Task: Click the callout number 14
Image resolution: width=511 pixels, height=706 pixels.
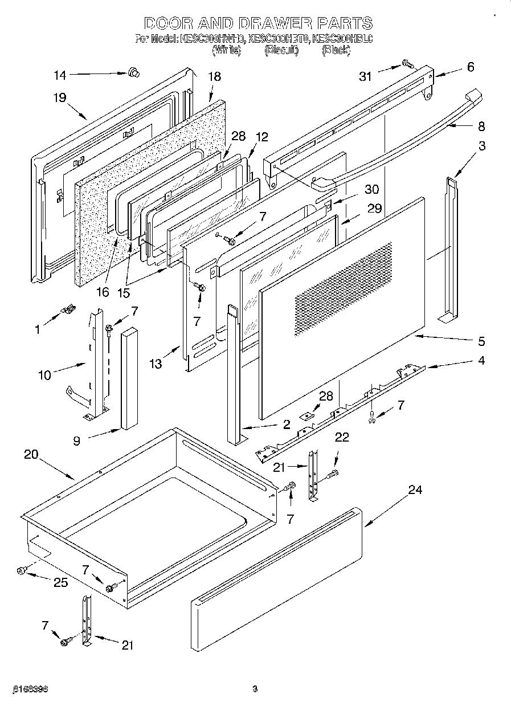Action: pos(60,75)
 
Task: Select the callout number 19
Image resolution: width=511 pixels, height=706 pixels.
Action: pos(60,97)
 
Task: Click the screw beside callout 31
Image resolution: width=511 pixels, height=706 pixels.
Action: pos(407,64)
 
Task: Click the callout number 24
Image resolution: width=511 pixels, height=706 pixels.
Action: pos(416,491)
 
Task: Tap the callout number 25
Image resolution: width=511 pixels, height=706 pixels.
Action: pos(60,582)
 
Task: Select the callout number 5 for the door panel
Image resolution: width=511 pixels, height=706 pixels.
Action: pos(481,341)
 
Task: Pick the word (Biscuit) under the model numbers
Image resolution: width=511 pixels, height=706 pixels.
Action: pos(281,50)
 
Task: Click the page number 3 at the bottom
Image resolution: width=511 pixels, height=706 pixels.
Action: pos(255,688)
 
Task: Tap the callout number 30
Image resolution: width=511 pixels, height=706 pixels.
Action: pos(372,189)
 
